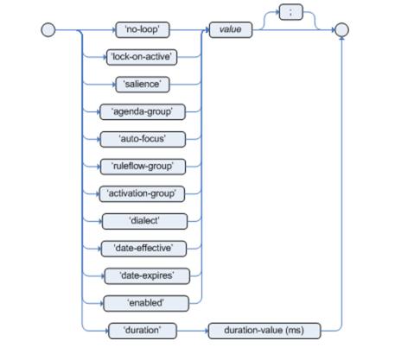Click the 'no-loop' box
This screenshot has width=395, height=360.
(x=143, y=29)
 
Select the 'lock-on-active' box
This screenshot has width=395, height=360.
(x=142, y=57)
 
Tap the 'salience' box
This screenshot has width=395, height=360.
(x=143, y=85)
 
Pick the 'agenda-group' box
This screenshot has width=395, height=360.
(x=143, y=111)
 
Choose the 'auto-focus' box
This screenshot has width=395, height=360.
(x=143, y=139)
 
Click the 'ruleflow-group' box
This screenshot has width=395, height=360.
(x=143, y=167)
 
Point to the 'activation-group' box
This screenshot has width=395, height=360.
(x=142, y=194)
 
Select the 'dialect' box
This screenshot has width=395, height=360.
(x=144, y=221)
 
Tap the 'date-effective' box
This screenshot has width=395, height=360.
(x=143, y=249)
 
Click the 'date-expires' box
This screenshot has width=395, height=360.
(x=147, y=276)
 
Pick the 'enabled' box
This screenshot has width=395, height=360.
(x=146, y=303)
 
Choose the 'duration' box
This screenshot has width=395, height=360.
(x=143, y=331)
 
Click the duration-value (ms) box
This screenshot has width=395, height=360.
(x=264, y=331)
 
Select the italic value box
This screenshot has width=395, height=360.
(x=231, y=29)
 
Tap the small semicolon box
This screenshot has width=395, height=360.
(x=291, y=12)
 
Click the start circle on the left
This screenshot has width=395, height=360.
(x=48, y=30)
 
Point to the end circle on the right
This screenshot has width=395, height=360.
(x=341, y=30)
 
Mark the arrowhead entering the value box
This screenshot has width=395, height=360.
(x=207, y=29)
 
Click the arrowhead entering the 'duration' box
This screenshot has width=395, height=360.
(x=106, y=331)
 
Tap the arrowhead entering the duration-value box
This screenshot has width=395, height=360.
(x=206, y=331)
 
